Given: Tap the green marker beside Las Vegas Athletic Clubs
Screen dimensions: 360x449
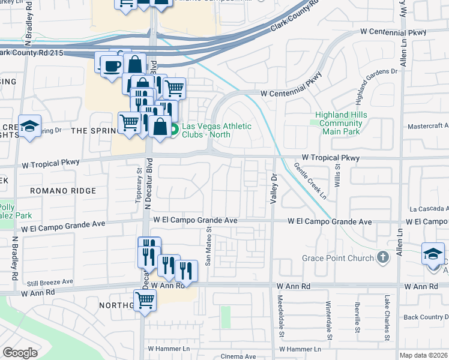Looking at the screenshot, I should (174, 128).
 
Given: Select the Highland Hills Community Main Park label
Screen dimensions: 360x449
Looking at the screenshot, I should (340, 123).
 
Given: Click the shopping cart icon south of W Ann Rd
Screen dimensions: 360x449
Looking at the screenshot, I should (145, 299).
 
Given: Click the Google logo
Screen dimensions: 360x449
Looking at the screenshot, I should (20, 353).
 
